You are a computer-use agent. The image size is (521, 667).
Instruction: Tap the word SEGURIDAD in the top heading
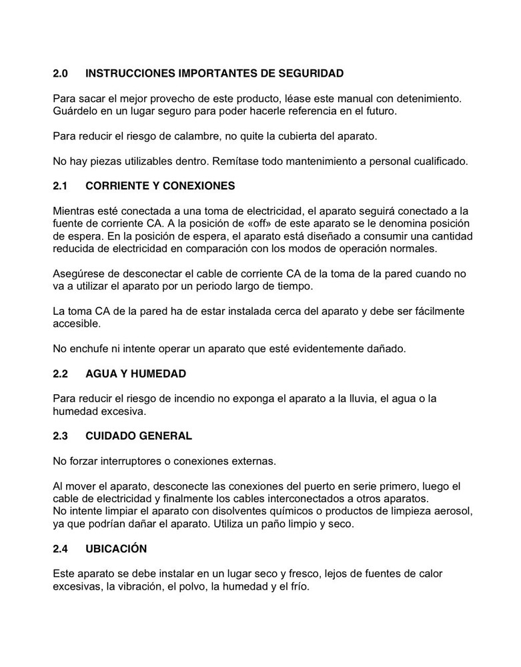point(312,73)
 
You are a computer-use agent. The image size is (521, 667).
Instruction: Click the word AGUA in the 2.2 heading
point(101,374)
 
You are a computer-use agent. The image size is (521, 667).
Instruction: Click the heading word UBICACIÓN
point(116,549)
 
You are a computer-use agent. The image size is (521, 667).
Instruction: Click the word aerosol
point(455,512)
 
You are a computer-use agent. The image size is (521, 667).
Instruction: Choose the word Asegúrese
point(79,273)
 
